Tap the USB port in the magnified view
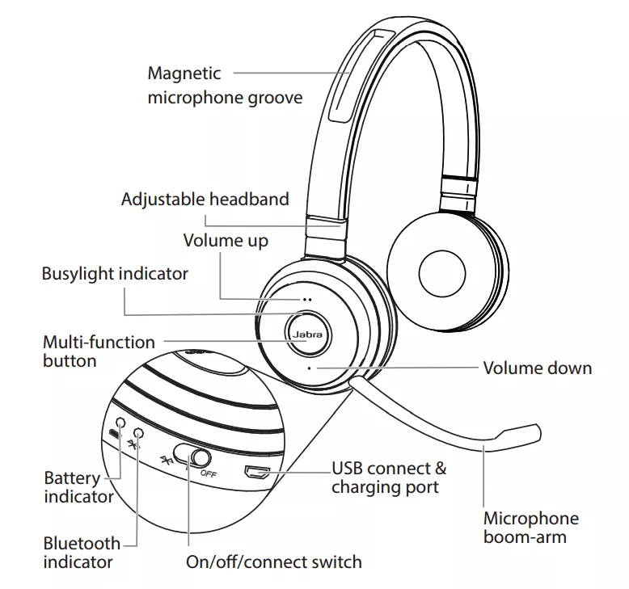(x=258, y=473)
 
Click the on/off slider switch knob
(x=191, y=457)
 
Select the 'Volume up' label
(x=225, y=240)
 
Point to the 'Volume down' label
(x=537, y=368)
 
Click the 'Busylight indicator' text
(x=115, y=273)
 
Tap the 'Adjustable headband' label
(x=205, y=199)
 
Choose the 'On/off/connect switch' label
(x=273, y=562)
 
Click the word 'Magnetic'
(x=184, y=74)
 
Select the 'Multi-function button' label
(x=98, y=351)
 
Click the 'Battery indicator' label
(x=78, y=487)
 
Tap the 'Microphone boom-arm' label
(x=530, y=527)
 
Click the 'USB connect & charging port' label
(x=388, y=478)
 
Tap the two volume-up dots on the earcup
(x=307, y=298)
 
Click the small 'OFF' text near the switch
(x=209, y=473)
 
